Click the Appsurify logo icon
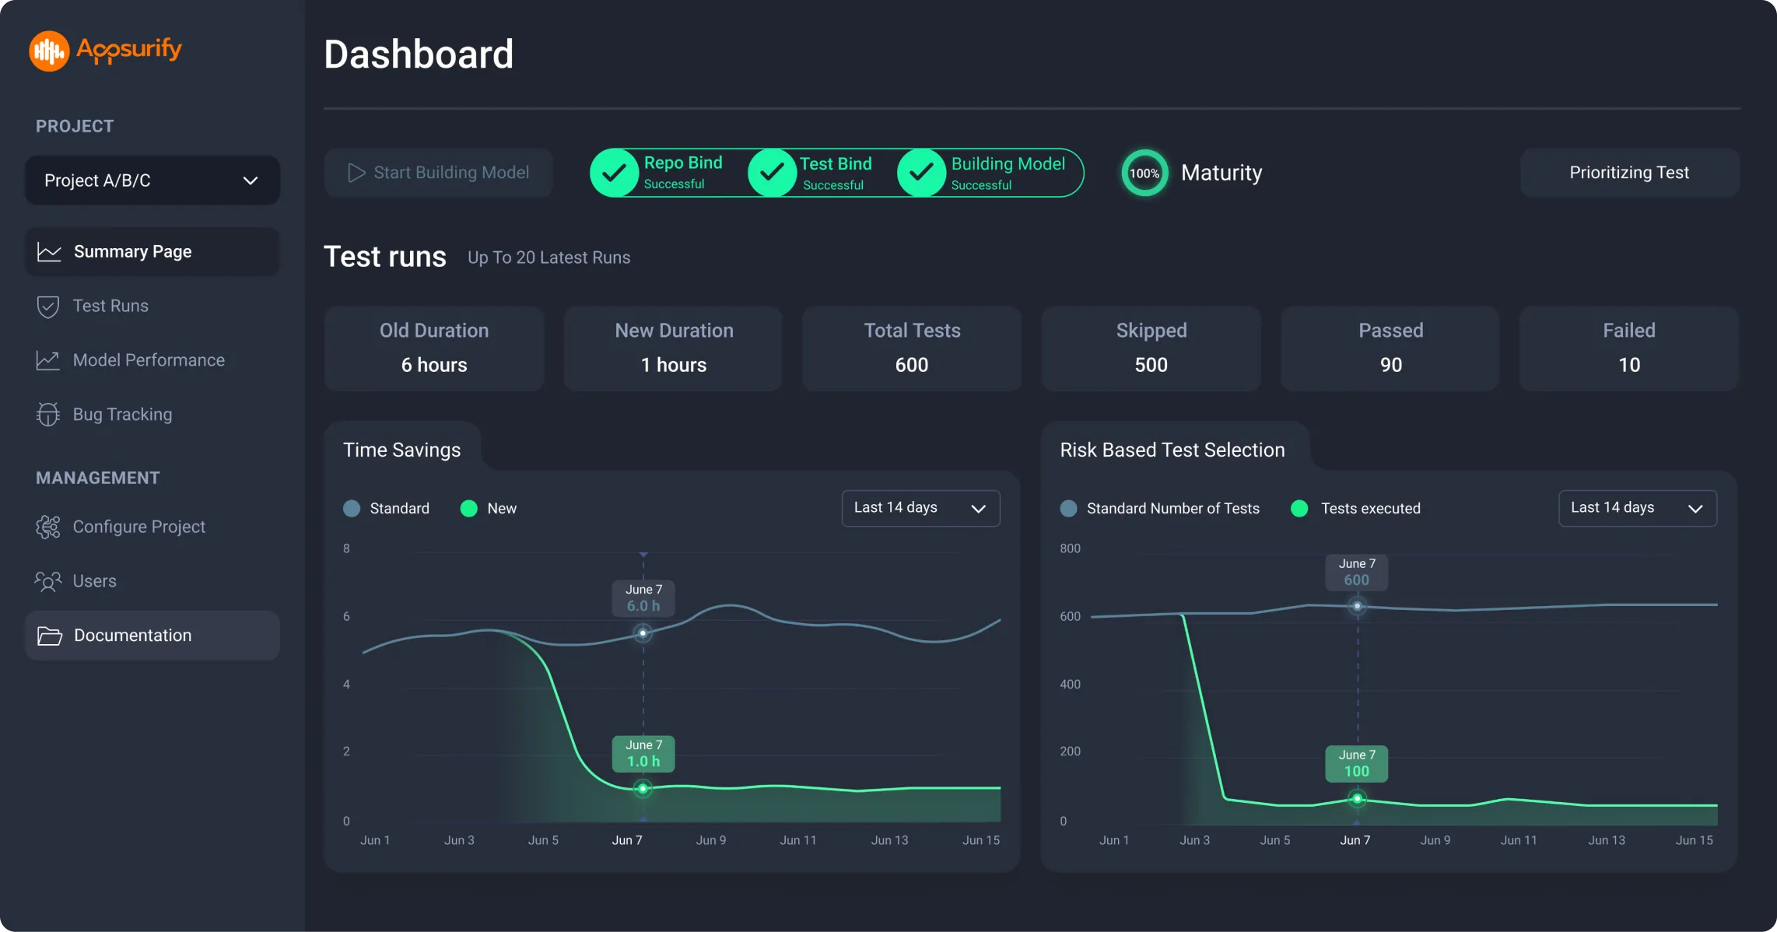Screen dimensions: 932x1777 tap(49, 51)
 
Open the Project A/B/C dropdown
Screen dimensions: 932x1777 tap(152, 180)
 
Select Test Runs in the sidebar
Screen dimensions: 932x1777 tap(110, 306)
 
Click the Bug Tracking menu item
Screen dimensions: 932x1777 tap(121, 414)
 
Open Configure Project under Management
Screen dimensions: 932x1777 tap(138, 527)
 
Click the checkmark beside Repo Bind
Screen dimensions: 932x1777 tap(614, 173)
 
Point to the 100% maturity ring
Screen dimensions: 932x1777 tap(1144, 173)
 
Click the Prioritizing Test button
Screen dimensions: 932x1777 tap(1629, 173)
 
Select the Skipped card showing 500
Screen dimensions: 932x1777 tap(1151, 349)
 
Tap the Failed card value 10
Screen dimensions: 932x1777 tap(1628, 365)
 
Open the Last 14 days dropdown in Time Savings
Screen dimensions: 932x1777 tap(920, 508)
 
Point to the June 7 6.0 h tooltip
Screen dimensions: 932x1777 tap(643, 598)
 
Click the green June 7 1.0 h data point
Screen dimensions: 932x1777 tap(643, 789)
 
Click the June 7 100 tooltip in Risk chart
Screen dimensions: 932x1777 tap(1357, 764)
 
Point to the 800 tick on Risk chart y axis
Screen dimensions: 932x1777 tap(1070, 548)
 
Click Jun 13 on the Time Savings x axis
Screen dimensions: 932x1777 tap(889, 840)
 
